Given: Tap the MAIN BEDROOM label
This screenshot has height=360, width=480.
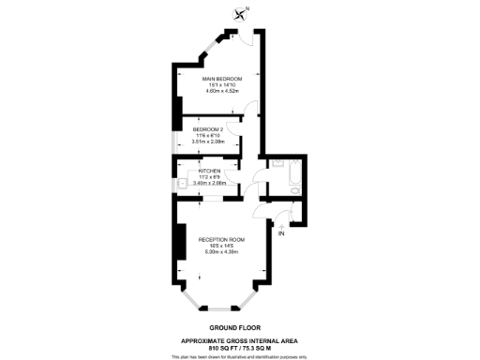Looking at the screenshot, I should click(223, 78).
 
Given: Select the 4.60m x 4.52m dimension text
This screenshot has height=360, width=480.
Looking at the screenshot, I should click(223, 92).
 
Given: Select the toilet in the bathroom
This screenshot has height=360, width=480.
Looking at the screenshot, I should click(292, 190).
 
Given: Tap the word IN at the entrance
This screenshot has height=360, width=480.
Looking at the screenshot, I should click(279, 232).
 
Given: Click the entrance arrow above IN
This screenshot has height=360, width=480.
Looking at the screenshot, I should click(279, 224).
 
